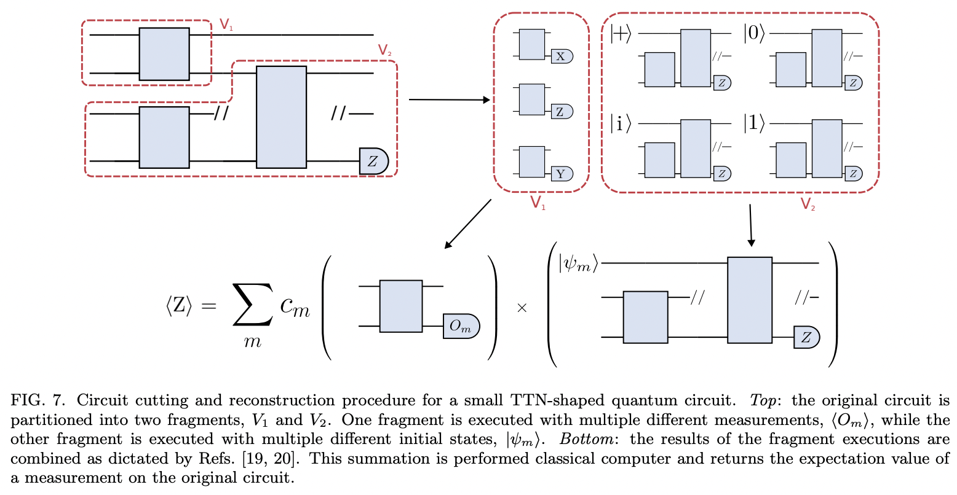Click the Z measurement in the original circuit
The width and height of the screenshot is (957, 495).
373,161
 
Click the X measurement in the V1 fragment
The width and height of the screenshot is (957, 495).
561,57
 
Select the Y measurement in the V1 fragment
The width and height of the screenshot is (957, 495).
561,174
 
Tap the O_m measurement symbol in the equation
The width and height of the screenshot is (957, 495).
461,326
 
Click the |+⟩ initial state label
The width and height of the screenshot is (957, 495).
621,34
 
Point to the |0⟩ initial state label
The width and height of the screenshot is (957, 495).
753,34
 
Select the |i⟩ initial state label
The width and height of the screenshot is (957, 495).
621,124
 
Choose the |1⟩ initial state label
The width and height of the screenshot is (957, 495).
753,124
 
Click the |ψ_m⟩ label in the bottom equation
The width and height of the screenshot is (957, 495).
578,264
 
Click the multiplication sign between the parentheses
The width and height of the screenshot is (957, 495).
522,308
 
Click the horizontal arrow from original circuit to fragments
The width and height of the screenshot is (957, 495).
449,99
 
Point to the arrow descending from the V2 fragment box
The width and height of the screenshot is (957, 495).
751,225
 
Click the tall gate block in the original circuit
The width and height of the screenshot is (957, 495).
281,117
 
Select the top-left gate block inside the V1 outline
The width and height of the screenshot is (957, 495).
164,53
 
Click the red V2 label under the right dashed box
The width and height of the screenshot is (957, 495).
808,205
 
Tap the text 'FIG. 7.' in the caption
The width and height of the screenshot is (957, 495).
36,400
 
